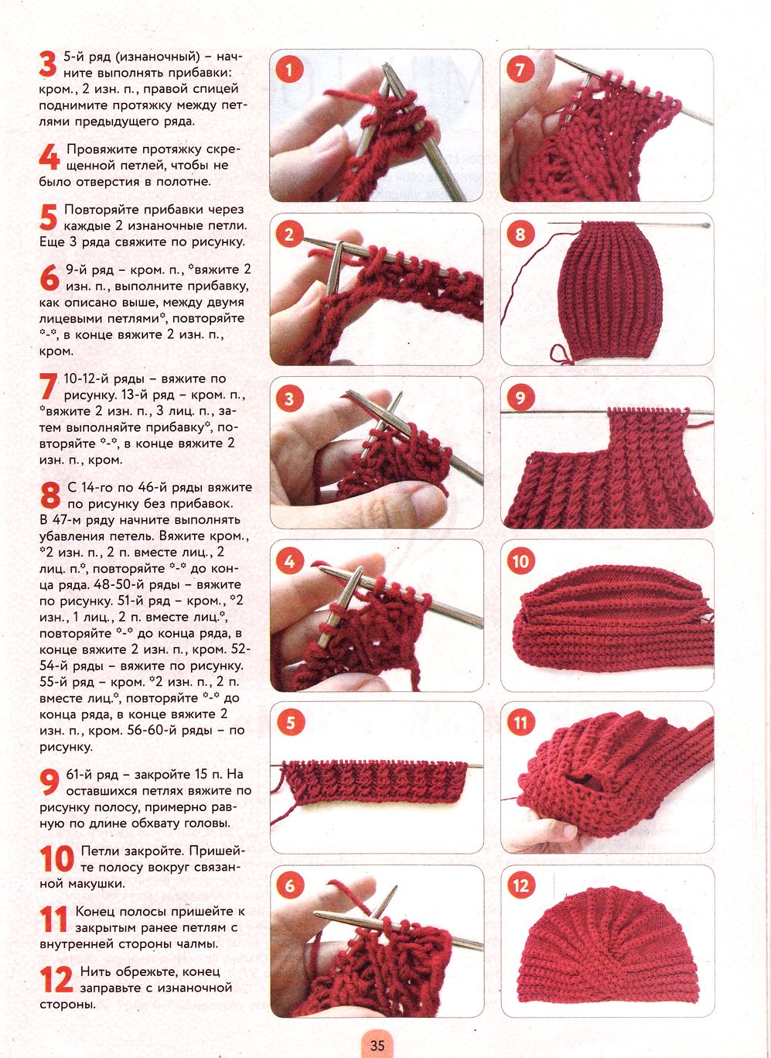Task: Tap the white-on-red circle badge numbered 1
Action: coord(288,71)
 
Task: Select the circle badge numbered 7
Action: coord(520,70)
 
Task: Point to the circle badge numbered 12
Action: coord(520,885)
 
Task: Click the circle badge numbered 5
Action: coord(290,722)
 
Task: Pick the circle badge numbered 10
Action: coord(520,562)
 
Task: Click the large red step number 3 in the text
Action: coord(48,64)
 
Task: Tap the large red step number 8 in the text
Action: coord(50,495)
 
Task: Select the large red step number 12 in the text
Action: coord(56,979)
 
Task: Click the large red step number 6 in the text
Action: coord(49,278)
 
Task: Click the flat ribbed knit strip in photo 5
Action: coord(374,782)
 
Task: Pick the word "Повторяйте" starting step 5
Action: coord(102,210)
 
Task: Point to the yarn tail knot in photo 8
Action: coord(562,354)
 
